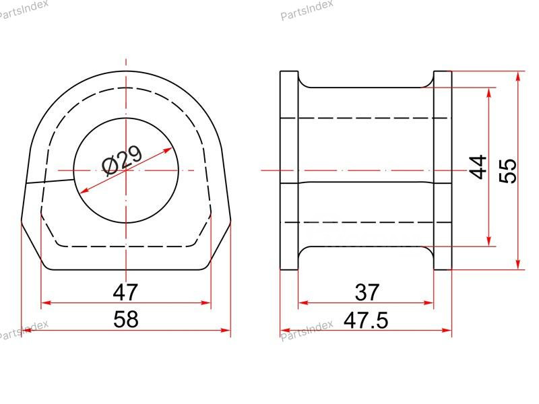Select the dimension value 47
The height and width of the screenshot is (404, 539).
coord(125,292)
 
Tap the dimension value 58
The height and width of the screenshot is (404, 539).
coord(125,318)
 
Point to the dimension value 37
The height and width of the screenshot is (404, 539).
coord(367,292)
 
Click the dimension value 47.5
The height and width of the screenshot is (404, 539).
coord(366,320)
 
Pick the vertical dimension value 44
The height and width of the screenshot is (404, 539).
coord(478,166)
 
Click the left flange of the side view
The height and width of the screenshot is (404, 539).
coord(289,170)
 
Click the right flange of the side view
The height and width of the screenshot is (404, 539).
coord(443,170)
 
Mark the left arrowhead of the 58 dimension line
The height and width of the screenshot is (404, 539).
coord(26,331)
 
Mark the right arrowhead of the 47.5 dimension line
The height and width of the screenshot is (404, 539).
coord(448,331)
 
